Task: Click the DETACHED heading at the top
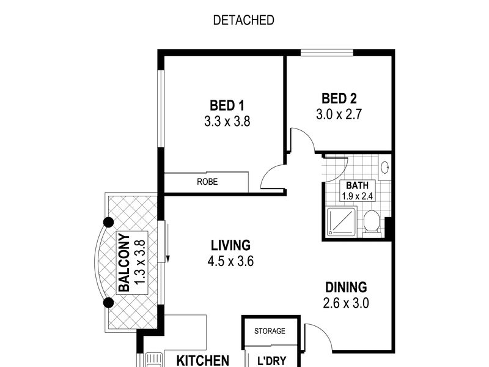[243, 20]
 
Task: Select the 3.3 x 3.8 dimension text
[227, 121]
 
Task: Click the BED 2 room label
[339, 98]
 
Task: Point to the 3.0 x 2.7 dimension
[339, 114]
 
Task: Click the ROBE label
[207, 182]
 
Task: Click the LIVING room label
[230, 246]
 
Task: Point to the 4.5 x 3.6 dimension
[230, 261]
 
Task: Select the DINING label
[345, 287]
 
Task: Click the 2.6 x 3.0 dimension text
[345, 302]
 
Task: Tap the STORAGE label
[270, 331]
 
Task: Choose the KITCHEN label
[202, 360]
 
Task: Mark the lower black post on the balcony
[109, 302]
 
